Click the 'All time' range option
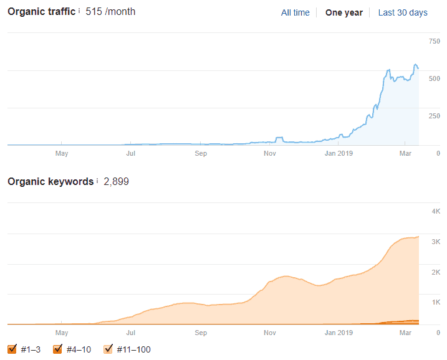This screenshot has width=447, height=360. click(x=295, y=12)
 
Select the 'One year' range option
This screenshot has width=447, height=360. click(x=344, y=12)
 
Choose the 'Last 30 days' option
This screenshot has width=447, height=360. click(x=403, y=12)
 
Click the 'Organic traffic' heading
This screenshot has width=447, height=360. click(x=41, y=12)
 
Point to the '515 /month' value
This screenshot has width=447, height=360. click(x=110, y=12)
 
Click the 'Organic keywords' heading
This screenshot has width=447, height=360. click(x=50, y=182)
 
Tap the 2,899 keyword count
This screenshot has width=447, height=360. click(x=116, y=182)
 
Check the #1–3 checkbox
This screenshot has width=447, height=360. click(x=12, y=349)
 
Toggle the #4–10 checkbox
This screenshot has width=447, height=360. click(x=58, y=349)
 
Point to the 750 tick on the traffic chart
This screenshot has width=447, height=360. click(x=434, y=42)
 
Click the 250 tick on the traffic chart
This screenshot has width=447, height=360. click(x=434, y=116)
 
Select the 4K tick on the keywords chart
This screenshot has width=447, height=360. click(x=436, y=212)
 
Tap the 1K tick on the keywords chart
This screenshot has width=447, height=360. click(x=436, y=302)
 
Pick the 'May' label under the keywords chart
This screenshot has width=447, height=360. click(x=62, y=333)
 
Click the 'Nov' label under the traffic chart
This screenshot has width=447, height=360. click(x=269, y=153)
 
